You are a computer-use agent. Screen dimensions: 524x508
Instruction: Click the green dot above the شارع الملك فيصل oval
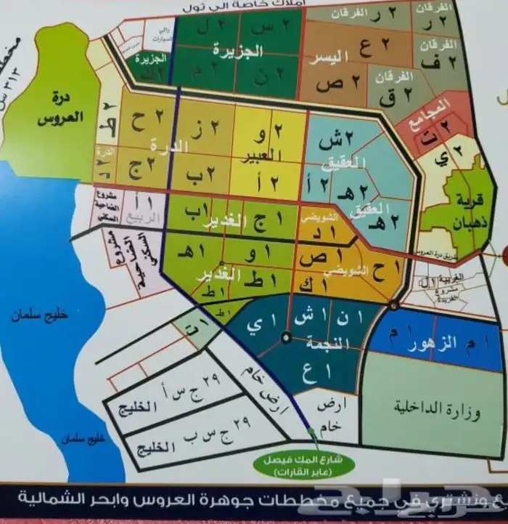click(313, 432)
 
